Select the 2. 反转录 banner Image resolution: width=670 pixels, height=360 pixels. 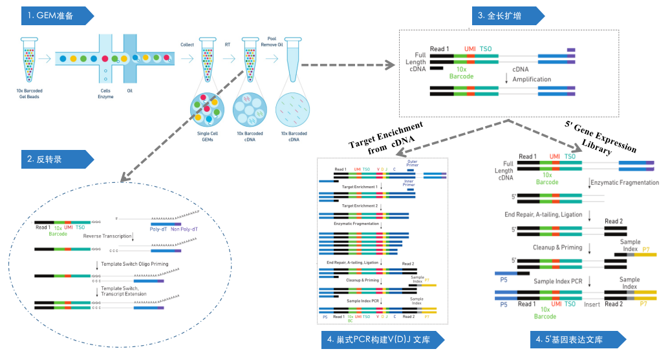[x=56, y=159]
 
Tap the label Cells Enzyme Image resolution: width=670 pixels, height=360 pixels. [x=105, y=94]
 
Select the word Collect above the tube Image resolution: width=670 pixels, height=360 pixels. [x=187, y=45]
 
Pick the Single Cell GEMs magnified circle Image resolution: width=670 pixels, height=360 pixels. [x=207, y=111]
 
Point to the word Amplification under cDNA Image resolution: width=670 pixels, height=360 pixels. [x=532, y=79]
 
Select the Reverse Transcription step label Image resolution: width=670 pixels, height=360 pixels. [x=107, y=237]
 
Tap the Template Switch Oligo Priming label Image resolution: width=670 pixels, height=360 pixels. [x=133, y=264]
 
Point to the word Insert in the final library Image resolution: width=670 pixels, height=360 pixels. [x=592, y=304]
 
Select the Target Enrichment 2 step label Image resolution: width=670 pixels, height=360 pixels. [x=360, y=206]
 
